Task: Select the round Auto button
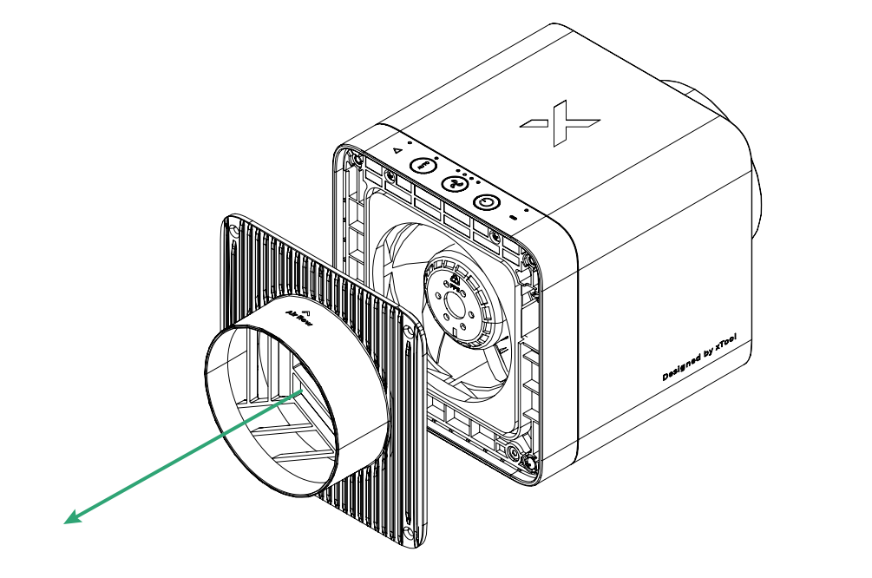coord(423,164)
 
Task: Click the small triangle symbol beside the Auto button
coord(396,150)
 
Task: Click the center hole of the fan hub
coord(454,305)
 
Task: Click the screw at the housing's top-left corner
coord(354,158)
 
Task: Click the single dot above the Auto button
coord(409,141)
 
